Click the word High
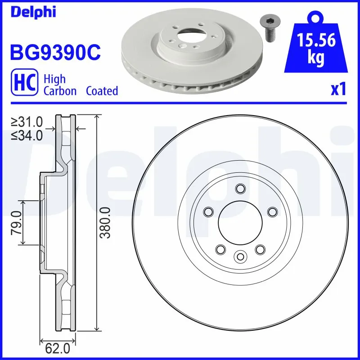(54, 79)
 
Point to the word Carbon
(60, 91)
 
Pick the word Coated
(102, 91)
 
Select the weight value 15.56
(316, 41)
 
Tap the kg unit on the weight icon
(316, 59)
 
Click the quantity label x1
(338, 90)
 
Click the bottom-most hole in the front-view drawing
(240, 256)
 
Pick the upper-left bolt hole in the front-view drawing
(208, 211)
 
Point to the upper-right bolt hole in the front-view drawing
(272, 211)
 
